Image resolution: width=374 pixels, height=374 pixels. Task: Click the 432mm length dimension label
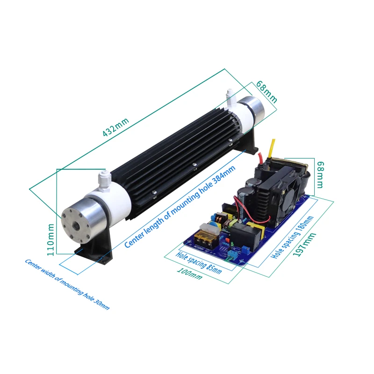tap(115, 126)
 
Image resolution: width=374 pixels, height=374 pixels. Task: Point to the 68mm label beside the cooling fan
tap(320, 174)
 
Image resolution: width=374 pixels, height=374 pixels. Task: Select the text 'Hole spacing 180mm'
tap(292, 238)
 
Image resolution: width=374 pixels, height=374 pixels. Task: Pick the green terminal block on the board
tap(231, 254)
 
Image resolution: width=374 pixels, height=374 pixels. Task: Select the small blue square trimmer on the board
tap(225, 243)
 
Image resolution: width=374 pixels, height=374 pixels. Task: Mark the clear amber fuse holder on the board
tap(204, 233)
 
